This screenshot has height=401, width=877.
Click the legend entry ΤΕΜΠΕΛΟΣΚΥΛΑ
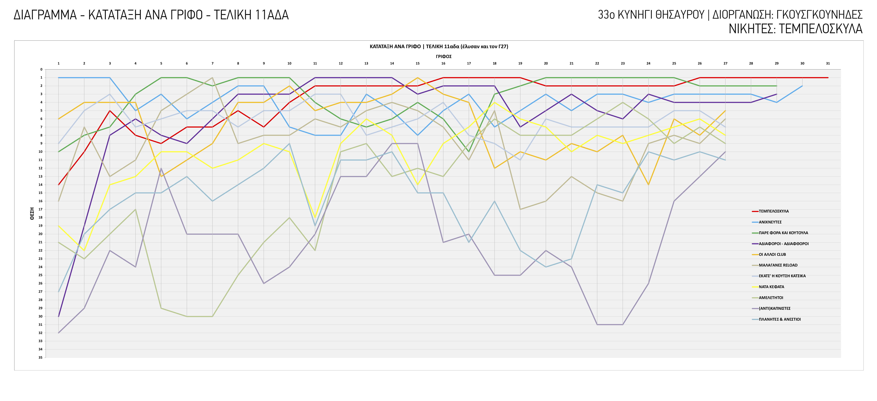pyautogui.click(x=774, y=211)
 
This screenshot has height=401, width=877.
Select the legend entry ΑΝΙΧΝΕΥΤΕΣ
pyautogui.click(x=770, y=222)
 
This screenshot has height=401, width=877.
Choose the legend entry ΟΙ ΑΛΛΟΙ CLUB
pyautogui.click(x=772, y=254)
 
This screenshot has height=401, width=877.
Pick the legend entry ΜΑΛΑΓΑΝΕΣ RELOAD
pyautogui.click(x=778, y=265)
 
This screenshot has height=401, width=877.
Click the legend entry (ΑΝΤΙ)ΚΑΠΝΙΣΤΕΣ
pyautogui.click(x=775, y=309)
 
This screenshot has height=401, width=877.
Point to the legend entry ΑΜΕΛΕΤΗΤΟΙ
pyautogui.click(x=771, y=298)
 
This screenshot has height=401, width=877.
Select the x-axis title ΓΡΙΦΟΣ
pyautogui.click(x=444, y=56)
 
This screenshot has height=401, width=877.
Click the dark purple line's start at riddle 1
pyautogui.click(x=59, y=316)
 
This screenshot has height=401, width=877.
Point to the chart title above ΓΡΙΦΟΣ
pyautogui.click(x=439, y=47)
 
